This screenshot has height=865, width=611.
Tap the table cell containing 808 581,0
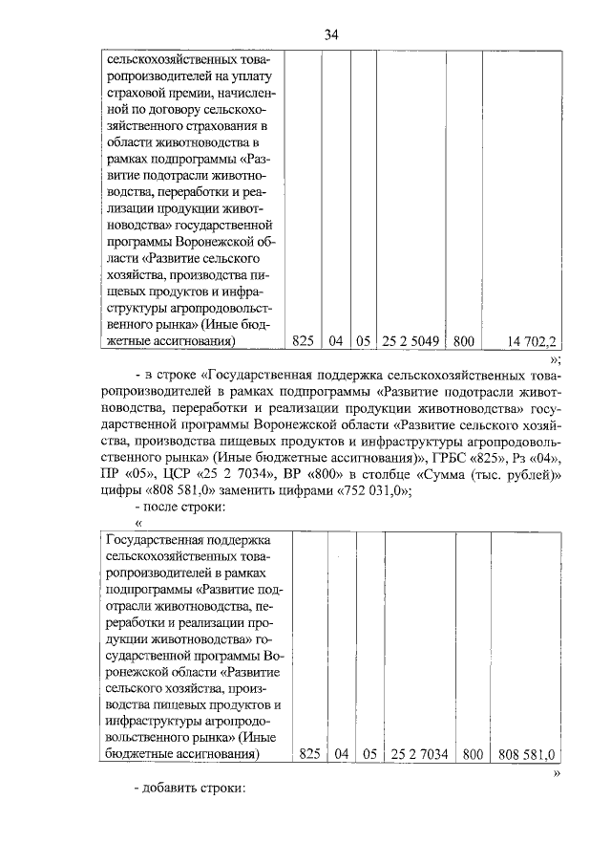(x=526, y=754)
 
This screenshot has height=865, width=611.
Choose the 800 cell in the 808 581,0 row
(x=473, y=754)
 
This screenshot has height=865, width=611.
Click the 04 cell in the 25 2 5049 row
(x=335, y=339)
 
